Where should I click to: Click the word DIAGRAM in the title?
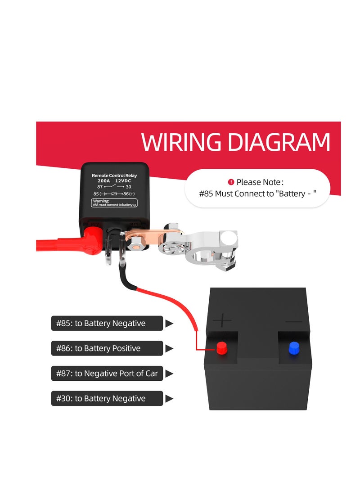point(279,142)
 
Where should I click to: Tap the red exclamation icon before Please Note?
point(231,182)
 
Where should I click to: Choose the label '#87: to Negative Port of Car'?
point(107,374)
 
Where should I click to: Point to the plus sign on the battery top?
point(222,320)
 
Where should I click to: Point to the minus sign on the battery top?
point(294,321)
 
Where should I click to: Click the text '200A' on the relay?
point(103,181)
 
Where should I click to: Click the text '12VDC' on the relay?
point(123,181)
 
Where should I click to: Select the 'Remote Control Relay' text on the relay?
point(114,175)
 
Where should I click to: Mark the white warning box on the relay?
point(114,203)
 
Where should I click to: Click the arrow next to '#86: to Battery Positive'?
point(169,348)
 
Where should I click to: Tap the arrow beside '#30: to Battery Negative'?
point(169,398)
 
